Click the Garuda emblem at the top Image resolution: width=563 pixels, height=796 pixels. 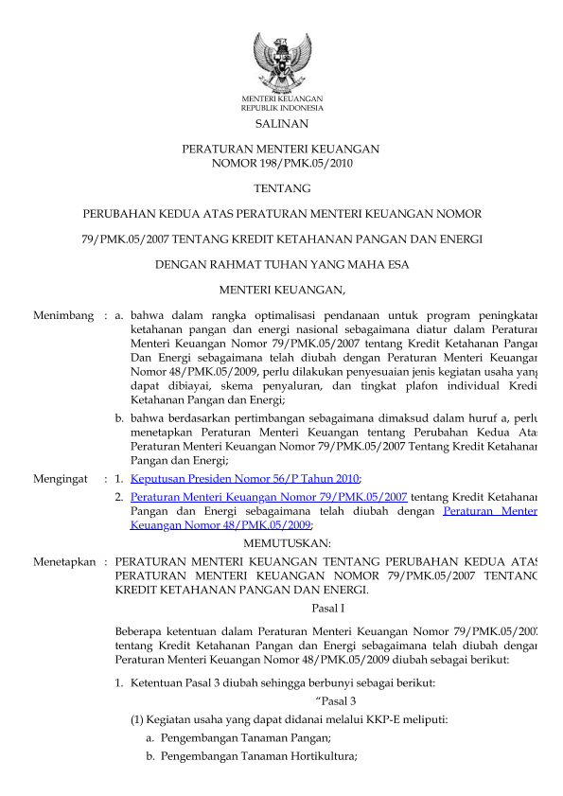(282, 61)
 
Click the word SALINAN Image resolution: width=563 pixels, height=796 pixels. (282, 125)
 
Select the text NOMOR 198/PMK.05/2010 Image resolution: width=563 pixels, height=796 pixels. (282, 163)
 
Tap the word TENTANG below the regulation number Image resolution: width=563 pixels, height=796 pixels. (282, 188)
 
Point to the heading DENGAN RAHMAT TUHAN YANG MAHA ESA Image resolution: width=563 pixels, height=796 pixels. (282, 265)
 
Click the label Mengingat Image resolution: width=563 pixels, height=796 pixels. (62, 479)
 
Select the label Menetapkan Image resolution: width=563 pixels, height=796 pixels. (64, 561)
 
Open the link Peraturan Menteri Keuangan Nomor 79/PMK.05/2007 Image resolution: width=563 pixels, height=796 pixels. (269, 496)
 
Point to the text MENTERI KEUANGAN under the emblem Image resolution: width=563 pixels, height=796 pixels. (282, 98)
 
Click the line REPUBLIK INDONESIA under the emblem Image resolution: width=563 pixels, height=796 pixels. (282, 108)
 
